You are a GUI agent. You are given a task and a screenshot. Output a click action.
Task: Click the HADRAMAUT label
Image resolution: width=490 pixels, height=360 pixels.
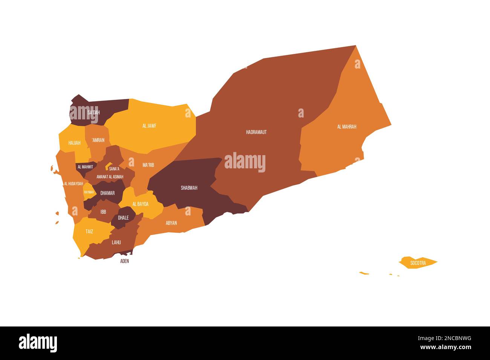click(256, 132)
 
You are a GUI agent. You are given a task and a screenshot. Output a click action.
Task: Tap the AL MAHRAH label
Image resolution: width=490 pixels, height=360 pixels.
click(346, 127)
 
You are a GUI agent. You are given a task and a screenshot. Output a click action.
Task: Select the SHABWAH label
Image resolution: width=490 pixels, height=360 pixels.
click(189, 188)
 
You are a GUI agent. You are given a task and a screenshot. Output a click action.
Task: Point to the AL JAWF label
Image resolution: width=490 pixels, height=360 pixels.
click(149, 126)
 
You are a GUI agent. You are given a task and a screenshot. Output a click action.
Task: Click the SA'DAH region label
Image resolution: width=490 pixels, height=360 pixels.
click(93, 113)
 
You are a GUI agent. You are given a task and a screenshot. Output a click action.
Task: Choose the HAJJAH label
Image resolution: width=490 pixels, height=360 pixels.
click(74, 143)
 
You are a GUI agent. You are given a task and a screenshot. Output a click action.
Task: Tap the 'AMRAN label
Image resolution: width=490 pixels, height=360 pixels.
click(98, 140)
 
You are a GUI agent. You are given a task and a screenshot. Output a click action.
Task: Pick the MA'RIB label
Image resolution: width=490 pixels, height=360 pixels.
click(148, 165)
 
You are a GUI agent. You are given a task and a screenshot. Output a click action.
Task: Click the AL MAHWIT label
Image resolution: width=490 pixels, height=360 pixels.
click(85, 166)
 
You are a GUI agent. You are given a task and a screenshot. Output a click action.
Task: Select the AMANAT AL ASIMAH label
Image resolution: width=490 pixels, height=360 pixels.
click(110, 177)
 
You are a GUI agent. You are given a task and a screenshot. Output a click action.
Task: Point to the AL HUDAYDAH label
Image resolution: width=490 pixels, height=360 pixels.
click(73, 184)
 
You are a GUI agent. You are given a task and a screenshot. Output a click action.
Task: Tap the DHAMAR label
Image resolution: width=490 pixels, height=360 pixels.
click(107, 193)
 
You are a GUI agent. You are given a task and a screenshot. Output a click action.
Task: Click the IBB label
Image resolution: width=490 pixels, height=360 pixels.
click(103, 212)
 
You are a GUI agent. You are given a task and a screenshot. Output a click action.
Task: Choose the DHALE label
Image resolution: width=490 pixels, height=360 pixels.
click(123, 218)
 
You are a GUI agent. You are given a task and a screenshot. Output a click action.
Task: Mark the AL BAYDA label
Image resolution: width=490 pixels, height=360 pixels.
click(140, 204)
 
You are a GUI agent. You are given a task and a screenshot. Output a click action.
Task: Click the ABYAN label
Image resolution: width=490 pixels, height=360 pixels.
click(171, 223)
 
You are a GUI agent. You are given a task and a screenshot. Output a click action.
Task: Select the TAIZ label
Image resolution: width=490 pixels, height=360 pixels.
click(89, 232)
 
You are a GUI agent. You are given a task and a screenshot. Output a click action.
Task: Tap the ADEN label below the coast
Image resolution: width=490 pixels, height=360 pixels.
click(124, 261)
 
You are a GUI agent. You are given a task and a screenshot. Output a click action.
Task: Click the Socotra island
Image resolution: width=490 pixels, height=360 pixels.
click(418, 263)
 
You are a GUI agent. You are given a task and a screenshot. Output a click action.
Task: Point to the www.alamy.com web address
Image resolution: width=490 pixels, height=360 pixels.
click(446, 347)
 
